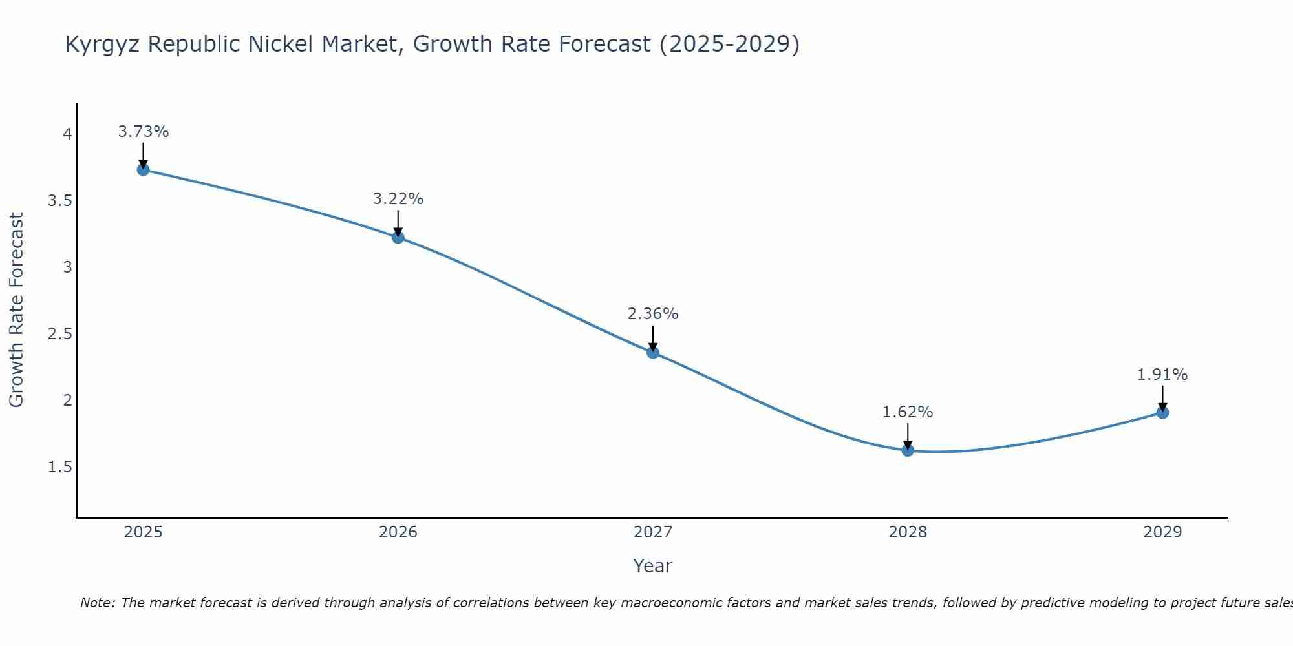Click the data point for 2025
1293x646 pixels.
point(144,170)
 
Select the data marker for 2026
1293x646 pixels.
point(398,237)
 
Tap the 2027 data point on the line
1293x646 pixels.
point(653,352)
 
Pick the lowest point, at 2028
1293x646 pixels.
point(908,450)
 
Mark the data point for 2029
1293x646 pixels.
point(1162,412)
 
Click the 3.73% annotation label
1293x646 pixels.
point(144,132)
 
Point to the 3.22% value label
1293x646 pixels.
point(398,199)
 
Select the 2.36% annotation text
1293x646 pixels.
point(653,314)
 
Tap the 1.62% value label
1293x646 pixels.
point(908,412)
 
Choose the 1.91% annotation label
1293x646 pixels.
point(1162,375)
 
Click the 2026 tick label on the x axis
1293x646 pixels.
point(398,532)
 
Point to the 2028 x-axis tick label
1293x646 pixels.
point(908,532)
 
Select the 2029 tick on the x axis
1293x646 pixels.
point(1162,532)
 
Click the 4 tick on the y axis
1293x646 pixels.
point(67,134)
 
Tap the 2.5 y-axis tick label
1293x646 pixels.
point(59,334)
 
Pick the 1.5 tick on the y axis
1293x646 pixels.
point(59,467)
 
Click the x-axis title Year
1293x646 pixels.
point(653,566)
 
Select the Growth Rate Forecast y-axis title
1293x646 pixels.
point(16,310)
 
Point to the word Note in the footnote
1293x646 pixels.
point(97,603)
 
